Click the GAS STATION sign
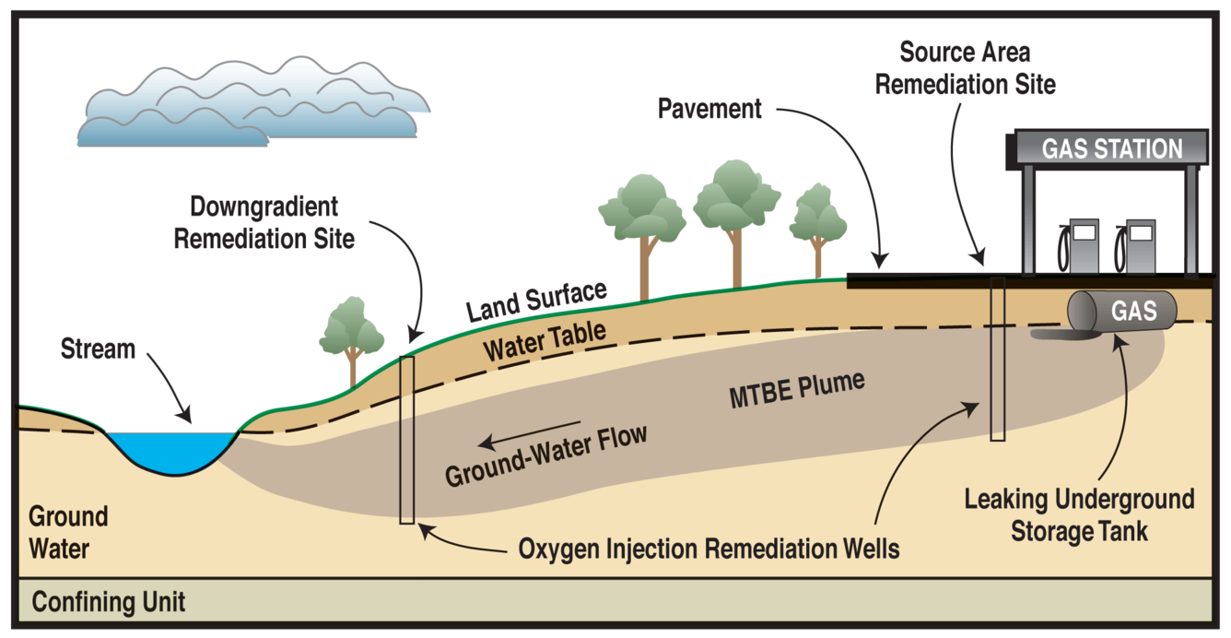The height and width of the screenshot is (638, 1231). pos(1111,148)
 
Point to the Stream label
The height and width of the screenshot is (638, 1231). pos(98,349)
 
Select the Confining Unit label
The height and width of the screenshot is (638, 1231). pos(109,603)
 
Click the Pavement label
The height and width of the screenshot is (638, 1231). pos(709,109)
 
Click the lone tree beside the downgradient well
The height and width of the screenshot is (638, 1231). pos(350,333)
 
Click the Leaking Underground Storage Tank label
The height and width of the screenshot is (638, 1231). pos(1078,515)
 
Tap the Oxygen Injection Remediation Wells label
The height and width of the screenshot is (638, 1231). pos(709,549)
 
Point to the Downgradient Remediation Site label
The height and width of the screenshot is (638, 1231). pos(264,222)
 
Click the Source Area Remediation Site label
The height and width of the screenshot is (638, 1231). pos(965,67)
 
